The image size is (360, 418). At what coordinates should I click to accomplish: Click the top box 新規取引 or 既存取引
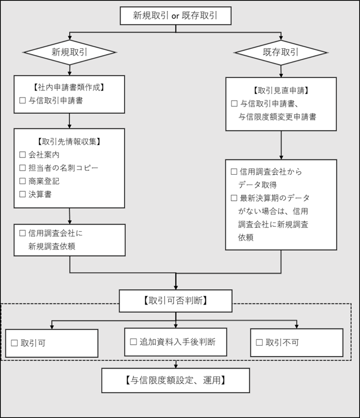[x=175, y=16]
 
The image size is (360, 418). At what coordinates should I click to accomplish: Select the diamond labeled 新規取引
[x=69, y=52]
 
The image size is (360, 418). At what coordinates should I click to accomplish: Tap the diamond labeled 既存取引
[x=281, y=52]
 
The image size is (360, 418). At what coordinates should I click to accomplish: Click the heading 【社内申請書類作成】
[x=69, y=86]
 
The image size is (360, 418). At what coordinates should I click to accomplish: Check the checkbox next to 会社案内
[x=22, y=154]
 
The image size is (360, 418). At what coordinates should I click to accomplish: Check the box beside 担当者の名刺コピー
[x=22, y=167]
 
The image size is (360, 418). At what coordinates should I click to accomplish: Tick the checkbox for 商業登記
[x=22, y=181]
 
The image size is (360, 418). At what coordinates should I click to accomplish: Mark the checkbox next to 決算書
[x=22, y=194]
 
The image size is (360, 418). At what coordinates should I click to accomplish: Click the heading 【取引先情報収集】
[x=69, y=141]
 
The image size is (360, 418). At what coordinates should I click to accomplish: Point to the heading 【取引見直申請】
[x=281, y=90]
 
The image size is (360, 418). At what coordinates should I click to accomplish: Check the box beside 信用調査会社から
[x=234, y=172]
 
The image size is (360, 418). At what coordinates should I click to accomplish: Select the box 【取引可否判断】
[x=176, y=301]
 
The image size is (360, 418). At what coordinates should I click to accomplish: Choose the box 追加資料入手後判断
[x=176, y=342]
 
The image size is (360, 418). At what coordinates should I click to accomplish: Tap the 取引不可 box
[x=296, y=343]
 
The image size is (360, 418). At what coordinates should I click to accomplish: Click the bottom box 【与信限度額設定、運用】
[x=176, y=380]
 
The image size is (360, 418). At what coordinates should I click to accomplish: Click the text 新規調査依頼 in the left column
[x=52, y=246]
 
